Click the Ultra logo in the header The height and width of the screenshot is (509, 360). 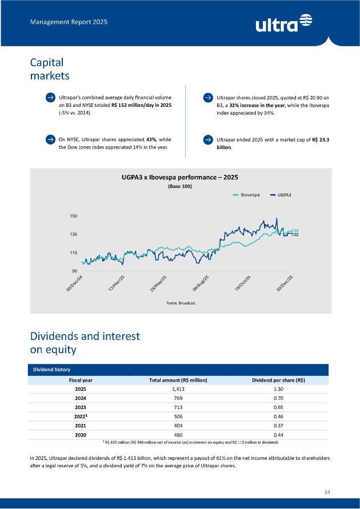point(285,23)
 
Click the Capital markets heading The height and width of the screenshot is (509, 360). point(50,69)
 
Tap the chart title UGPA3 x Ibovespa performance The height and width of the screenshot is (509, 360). point(179,178)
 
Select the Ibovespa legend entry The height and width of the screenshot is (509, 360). point(247,195)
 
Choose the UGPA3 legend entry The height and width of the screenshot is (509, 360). point(280,195)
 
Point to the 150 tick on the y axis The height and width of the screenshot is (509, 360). point(74,217)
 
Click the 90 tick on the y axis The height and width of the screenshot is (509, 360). point(75,270)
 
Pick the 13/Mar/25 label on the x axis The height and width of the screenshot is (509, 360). point(117,283)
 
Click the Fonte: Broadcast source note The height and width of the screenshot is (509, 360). point(179,303)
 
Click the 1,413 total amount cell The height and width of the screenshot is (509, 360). point(178,389)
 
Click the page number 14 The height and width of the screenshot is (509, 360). point(327,492)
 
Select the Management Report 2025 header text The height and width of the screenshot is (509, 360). point(69,22)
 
